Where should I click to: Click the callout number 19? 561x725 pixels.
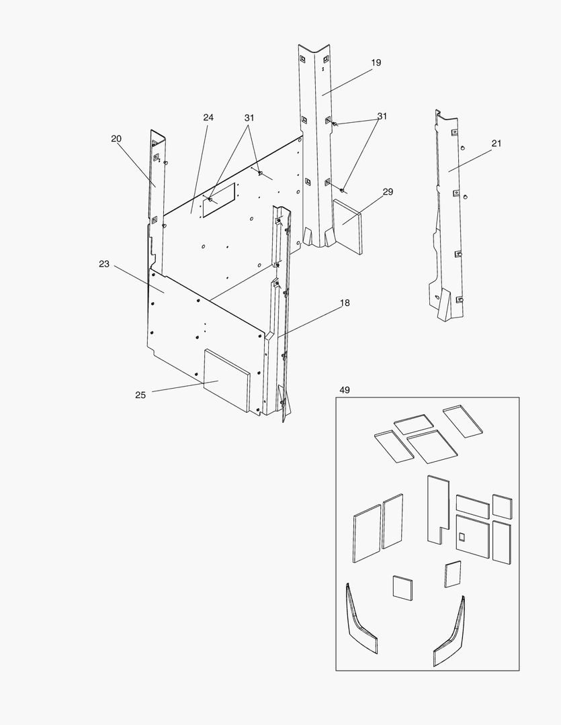click(376, 62)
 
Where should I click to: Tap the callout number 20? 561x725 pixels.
click(116, 138)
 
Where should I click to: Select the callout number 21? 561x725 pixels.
click(497, 143)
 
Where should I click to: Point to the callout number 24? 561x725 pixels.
click(208, 117)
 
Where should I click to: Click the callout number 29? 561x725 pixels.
click(388, 192)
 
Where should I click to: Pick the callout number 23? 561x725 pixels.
click(103, 264)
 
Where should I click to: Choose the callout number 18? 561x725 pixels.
click(345, 303)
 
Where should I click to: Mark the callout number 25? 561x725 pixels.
click(140, 395)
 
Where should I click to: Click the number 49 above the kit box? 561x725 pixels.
click(345, 390)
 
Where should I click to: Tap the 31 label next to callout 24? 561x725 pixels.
click(249, 117)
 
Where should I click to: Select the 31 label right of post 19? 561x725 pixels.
click(382, 116)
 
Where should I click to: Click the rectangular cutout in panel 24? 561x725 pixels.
click(219, 199)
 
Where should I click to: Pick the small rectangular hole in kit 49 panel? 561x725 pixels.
click(462, 536)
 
